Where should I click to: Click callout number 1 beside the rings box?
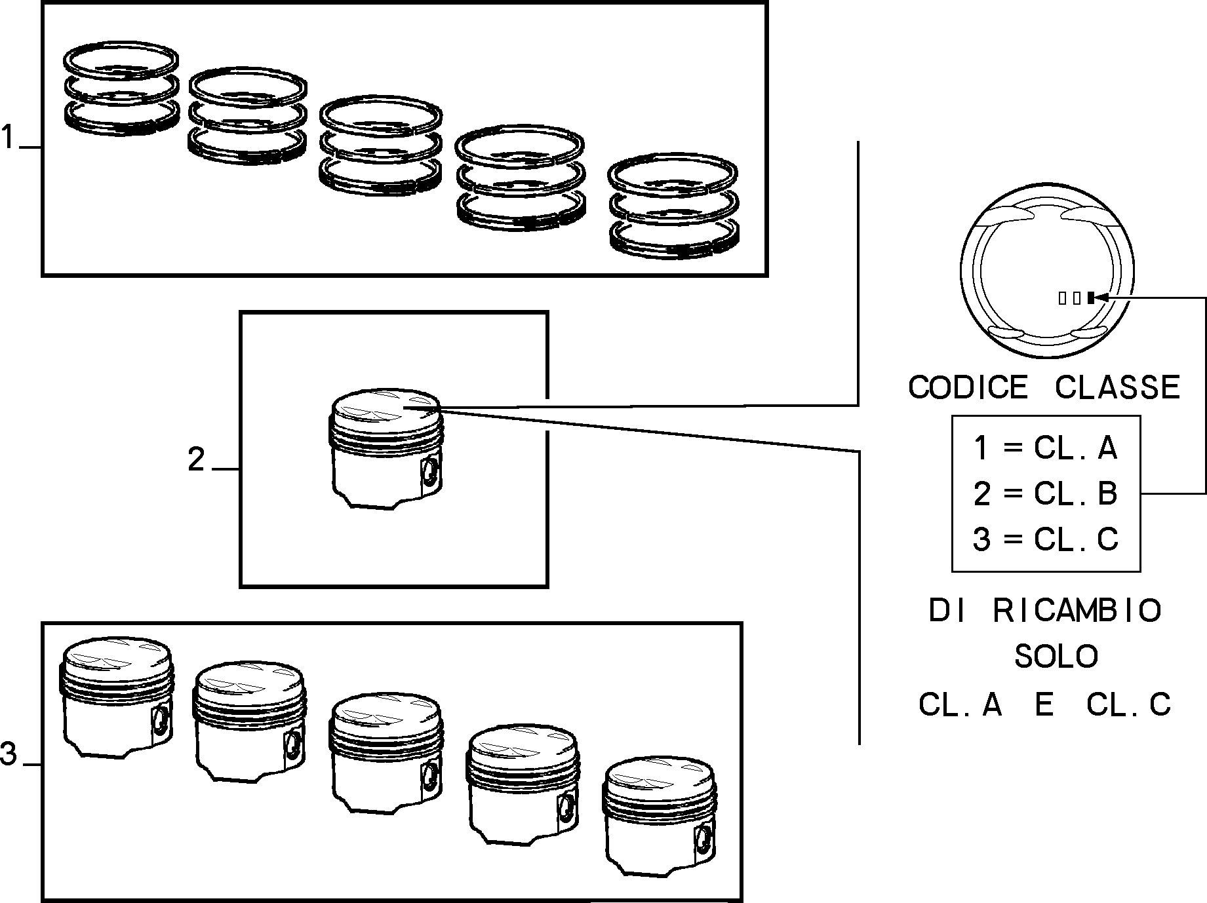click(7, 138)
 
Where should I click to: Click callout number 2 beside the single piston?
click(196, 460)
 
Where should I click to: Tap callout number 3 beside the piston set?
click(9, 754)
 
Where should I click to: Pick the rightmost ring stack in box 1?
click(673, 204)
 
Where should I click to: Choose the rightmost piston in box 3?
click(660, 816)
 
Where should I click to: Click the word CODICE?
click(968, 387)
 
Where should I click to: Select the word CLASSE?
click(1117, 387)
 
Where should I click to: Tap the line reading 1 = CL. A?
click(1045, 448)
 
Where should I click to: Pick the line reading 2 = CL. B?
click(1045, 493)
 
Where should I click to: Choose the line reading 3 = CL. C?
click(1045, 539)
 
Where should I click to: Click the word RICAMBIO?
click(1077, 611)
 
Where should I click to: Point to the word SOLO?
click(1056, 656)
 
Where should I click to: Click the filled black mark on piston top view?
click(1090, 298)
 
